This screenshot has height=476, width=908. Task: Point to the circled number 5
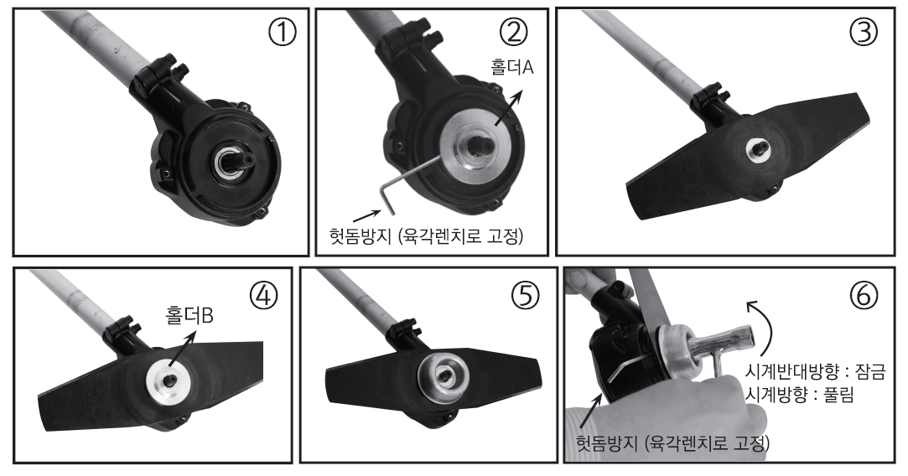[x=524, y=295]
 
